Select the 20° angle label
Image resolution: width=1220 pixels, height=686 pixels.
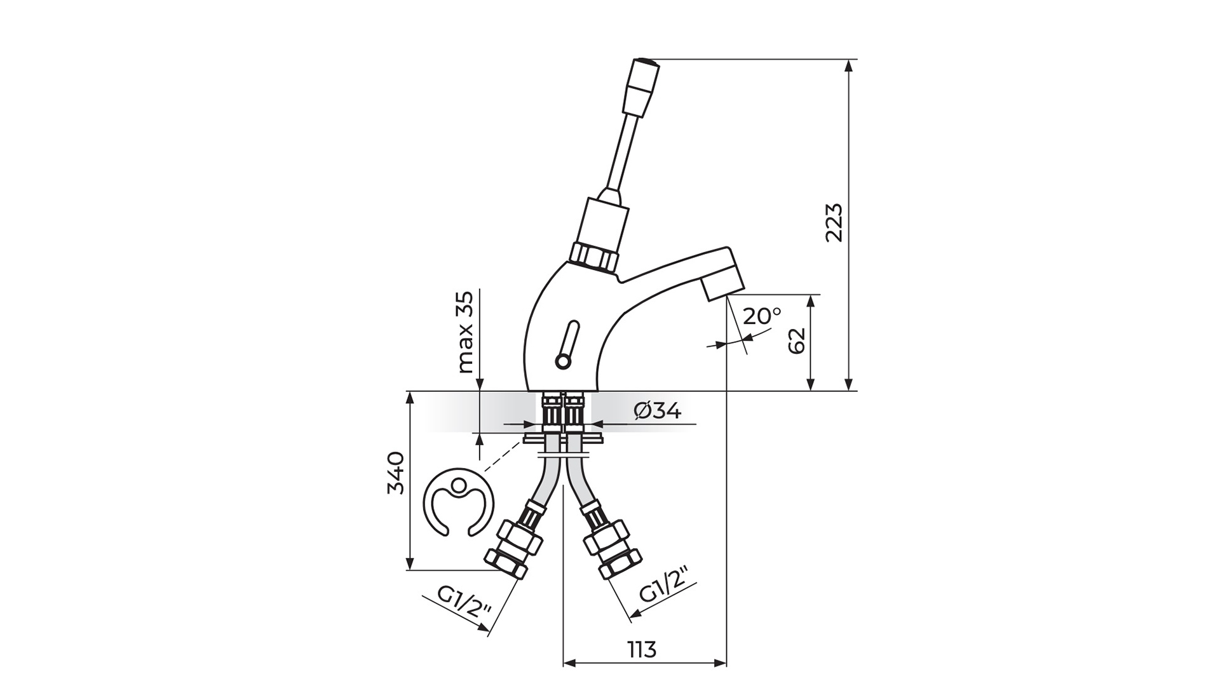[762, 316]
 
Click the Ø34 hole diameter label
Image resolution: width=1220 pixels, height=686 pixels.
[658, 412]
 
